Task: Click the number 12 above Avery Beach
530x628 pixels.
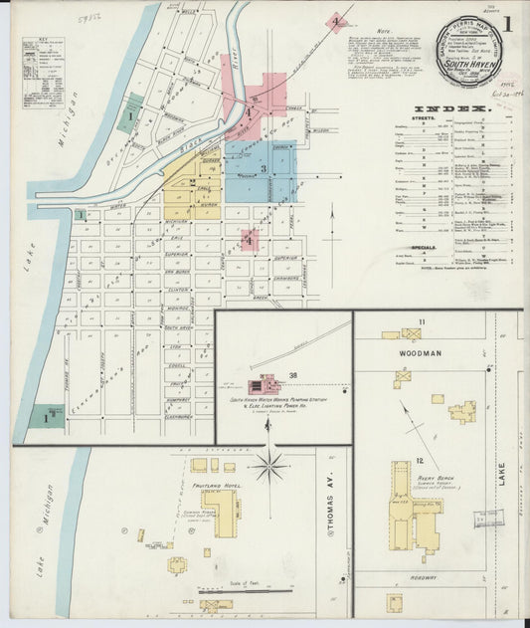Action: [x=421, y=460]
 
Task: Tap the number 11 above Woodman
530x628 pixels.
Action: [x=422, y=321]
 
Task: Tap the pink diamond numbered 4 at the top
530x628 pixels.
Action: [x=337, y=20]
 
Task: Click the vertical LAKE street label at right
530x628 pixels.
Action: [x=503, y=488]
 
